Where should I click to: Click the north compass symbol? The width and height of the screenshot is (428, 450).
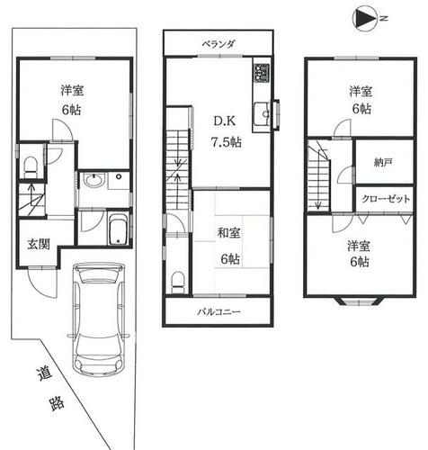click(367, 19)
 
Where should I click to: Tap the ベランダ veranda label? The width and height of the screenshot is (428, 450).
click(218, 44)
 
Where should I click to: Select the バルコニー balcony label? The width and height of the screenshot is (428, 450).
click(218, 312)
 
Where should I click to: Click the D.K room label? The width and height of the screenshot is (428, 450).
click(224, 121)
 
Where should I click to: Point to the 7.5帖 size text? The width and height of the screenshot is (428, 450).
click(227, 142)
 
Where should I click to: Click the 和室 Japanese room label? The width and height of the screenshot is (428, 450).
click(228, 233)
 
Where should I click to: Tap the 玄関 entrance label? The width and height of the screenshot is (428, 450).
click(39, 245)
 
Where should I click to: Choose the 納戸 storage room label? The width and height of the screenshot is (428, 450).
click(383, 163)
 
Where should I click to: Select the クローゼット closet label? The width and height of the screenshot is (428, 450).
click(386, 199)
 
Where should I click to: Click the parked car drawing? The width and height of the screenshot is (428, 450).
click(99, 319)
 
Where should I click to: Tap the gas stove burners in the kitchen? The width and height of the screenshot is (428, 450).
click(262, 73)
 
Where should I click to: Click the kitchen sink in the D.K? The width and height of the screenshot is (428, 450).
click(262, 114)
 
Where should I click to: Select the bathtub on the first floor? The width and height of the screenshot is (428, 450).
click(119, 229)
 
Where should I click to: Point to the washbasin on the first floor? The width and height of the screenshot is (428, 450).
click(94, 181)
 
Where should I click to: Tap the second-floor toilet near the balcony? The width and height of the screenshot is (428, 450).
click(178, 282)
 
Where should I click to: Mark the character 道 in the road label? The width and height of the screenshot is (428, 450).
click(44, 373)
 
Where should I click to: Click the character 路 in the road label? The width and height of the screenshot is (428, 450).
click(57, 403)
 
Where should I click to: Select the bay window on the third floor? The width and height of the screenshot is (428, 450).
click(358, 301)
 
